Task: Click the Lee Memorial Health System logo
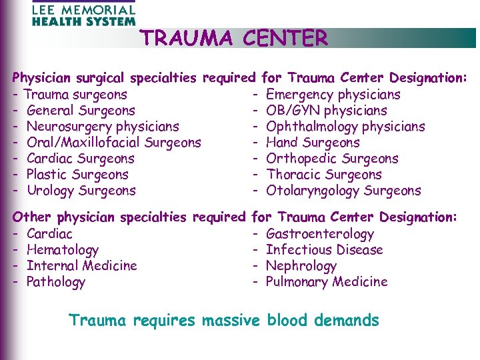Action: (83, 13)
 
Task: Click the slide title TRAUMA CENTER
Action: (234, 39)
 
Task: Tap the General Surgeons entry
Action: (81, 111)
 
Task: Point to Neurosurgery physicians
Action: (103, 127)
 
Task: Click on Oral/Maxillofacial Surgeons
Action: (113, 143)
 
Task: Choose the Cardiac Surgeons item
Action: (81, 159)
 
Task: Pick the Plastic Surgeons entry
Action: (77, 175)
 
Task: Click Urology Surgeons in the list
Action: (81, 191)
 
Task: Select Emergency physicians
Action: (333, 95)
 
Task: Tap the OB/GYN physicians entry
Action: (326, 111)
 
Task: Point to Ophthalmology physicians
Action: (345, 127)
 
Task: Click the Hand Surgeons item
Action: (312, 143)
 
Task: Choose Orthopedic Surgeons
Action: (331, 159)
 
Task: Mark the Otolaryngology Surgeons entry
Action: (343, 191)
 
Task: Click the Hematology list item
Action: (62, 250)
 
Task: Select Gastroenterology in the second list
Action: (319, 234)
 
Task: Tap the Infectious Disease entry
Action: (324, 250)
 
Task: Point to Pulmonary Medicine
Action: (326, 282)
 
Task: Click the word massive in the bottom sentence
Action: (231, 321)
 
